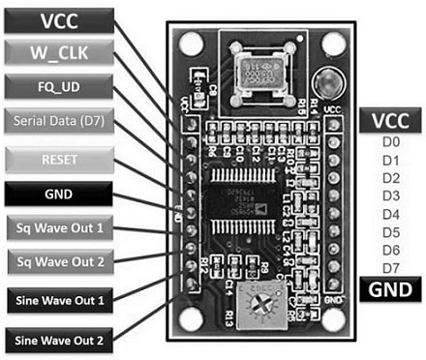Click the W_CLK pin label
(x=58, y=50)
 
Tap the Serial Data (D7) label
(x=58, y=121)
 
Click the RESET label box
(x=58, y=157)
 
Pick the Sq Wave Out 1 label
(x=58, y=228)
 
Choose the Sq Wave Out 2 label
(x=58, y=260)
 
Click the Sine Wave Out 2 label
(x=58, y=339)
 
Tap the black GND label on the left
(x=58, y=193)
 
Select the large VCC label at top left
(x=58, y=18)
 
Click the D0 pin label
(x=390, y=143)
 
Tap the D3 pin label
(x=390, y=196)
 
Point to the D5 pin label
(x=390, y=232)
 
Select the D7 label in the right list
(x=390, y=267)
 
